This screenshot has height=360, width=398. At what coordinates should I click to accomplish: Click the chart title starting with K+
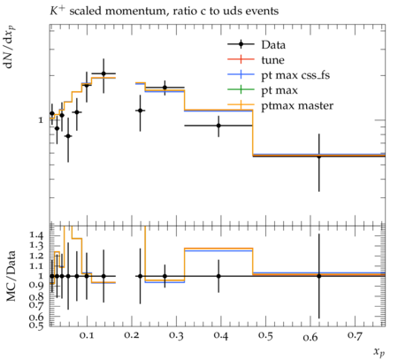pyautogui.click(x=164, y=11)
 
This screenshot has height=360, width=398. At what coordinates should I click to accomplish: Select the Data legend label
pyautogui.click(x=273, y=45)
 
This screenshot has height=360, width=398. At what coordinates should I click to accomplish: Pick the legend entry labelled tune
pyautogui.click(x=272, y=60)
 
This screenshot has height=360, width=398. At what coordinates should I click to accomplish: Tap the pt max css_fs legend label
pyautogui.click(x=295, y=75)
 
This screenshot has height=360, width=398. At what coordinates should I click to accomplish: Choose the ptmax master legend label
pyautogui.click(x=297, y=105)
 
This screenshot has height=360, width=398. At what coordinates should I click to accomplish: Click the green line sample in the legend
pyautogui.click(x=241, y=89)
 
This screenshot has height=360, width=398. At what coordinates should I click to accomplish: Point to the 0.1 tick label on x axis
pyautogui.click(x=87, y=335)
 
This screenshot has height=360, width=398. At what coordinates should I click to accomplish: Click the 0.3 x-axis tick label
pyautogui.click(x=176, y=335)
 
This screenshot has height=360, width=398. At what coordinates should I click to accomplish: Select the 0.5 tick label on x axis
pyautogui.click(x=265, y=335)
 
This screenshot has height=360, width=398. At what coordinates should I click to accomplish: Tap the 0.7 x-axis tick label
pyautogui.click(x=356, y=335)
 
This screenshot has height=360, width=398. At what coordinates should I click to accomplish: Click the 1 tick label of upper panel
pyautogui.click(x=41, y=120)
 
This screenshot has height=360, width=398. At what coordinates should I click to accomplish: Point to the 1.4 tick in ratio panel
pyautogui.click(x=36, y=235)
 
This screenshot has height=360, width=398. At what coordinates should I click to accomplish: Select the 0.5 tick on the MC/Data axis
pyautogui.click(x=36, y=325)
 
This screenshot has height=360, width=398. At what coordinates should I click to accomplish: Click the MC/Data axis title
pyautogui.click(x=11, y=276)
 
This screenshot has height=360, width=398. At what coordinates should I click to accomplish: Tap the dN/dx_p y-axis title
pyautogui.click(x=10, y=47)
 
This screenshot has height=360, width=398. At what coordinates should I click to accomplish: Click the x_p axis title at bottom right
pyautogui.click(x=379, y=352)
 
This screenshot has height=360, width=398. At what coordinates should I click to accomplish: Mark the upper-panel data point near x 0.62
pyautogui.click(x=318, y=156)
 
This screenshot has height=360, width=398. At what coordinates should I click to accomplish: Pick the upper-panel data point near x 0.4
pyautogui.click(x=218, y=126)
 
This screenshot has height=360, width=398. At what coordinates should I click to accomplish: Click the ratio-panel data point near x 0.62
pyautogui.click(x=318, y=276)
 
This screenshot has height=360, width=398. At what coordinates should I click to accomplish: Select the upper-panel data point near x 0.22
pyautogui.click(x=140, y=111)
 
